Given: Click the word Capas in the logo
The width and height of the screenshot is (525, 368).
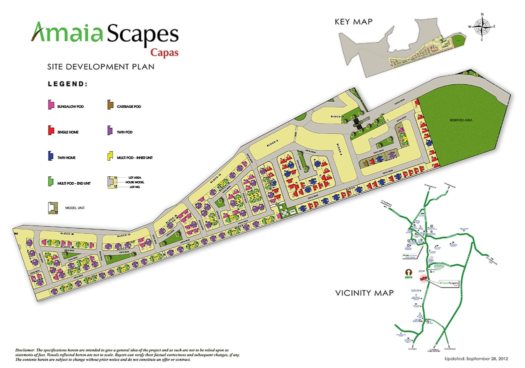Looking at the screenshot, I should click(x=164, y=53).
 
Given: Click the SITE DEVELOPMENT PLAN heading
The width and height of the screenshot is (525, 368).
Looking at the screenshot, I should click(x=100, y=66).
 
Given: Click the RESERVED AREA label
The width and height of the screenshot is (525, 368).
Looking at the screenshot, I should click(x=460, y=120).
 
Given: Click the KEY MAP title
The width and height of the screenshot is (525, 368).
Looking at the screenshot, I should click(x=355, y=22).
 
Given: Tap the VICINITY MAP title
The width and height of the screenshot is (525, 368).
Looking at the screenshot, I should click(x=364, y=293).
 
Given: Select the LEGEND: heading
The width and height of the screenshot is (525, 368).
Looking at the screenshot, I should click(x=67, y=84).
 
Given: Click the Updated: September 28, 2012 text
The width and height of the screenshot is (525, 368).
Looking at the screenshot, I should click(x=476, y=358).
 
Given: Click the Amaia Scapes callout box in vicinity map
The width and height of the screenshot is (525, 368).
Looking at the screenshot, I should click(x=446, y=283).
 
